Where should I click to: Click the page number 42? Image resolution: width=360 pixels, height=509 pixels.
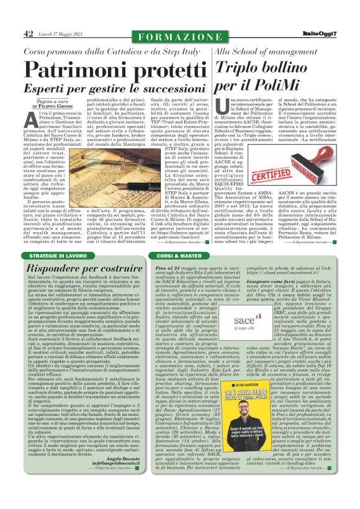tap(29, 34)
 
